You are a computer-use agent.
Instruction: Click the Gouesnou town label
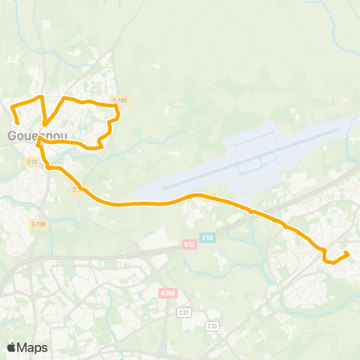(37, 136)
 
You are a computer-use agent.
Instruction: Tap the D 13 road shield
(31, 161)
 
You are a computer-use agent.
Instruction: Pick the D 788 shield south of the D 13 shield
(38, 223)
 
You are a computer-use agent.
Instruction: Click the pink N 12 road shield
(189, 244)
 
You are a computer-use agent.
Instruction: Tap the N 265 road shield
(167, 292)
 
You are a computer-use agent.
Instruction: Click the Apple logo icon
(12, 347)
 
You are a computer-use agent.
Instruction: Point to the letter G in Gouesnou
(13, 136)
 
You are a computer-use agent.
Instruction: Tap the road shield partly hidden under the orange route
(76, 189)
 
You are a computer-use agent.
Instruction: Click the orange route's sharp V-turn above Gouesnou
(45, 124)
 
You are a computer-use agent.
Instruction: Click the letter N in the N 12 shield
(185, 244)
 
